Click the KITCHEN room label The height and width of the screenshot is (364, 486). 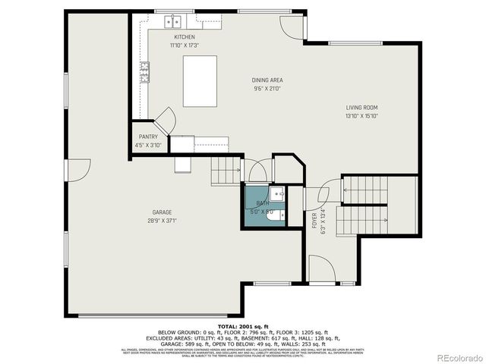pyautogui.click(x=185, y=37)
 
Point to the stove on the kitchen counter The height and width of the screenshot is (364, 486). pyautogui.click(x=144, y=73)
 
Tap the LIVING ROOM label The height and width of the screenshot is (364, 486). pyautogui.click(x=361, y=108)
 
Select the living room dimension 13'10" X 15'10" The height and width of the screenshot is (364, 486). pyautogui.click(x=361, y=116)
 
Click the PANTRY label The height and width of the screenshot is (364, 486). pyautogui.click(x=148, y=136)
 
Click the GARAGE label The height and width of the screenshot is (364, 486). pyautogui.click(x=162, y=212)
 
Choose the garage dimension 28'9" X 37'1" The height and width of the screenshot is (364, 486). pyautogui.click(x=162, y=221)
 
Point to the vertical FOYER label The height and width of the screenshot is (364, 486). pyautogui.click(x=314, y=221)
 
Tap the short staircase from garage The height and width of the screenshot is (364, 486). pyautogui.click(x=226, y=168)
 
